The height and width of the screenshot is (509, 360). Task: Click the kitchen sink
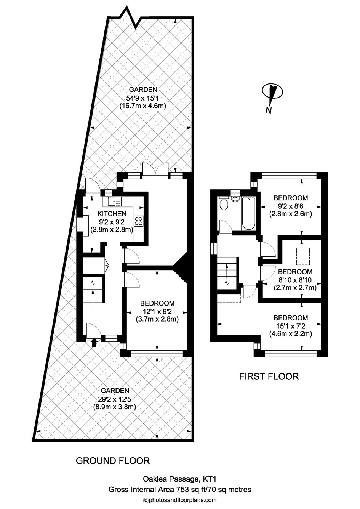115,201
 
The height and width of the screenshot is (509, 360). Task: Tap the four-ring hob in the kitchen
139,221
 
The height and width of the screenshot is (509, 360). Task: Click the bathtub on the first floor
249,214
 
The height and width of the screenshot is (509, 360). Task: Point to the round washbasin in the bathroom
235,198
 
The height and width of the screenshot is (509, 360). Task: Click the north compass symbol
272,96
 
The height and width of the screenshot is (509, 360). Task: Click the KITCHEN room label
112,214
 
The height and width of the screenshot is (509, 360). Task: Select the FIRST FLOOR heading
269,376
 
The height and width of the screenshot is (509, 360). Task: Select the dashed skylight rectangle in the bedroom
303,256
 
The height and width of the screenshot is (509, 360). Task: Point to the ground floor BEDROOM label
157,303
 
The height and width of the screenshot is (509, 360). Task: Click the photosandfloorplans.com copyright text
180,500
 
